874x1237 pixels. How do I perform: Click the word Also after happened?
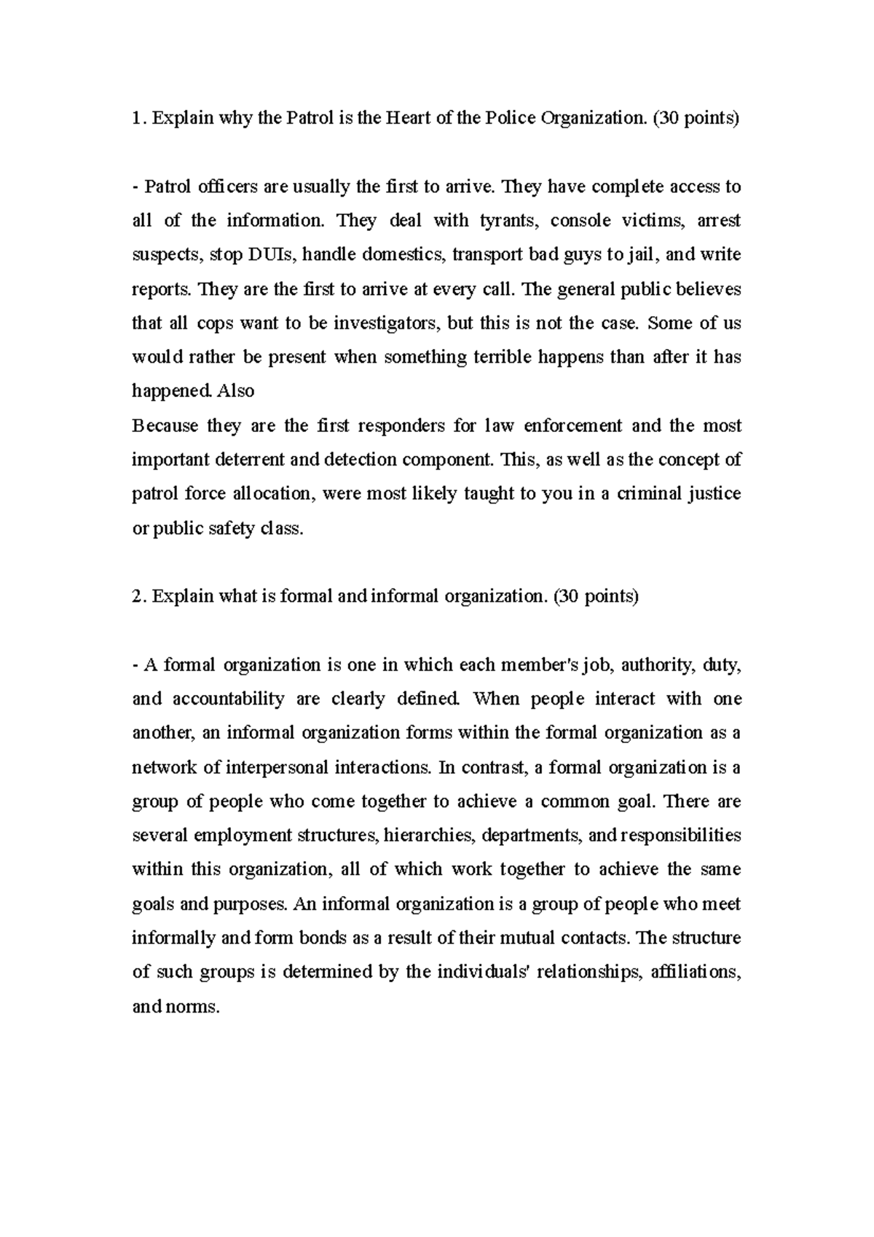tap(236, 391)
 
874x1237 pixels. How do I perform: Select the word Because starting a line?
tap(165, 425)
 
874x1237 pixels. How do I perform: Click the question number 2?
tap(137, 597)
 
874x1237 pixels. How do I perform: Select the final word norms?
tap(196, 1008)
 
